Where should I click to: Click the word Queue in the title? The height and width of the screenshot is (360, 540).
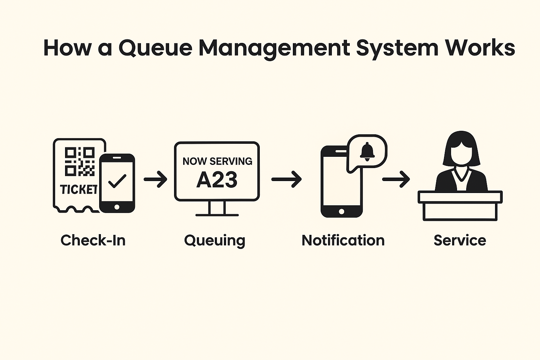[155, 48]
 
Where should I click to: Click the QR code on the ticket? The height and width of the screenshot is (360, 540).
[79, 161]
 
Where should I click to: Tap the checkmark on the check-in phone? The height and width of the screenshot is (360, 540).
[117, 181]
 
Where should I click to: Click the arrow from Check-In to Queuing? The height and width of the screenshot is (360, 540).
[155, 179]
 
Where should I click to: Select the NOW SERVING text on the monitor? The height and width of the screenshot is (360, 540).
[217, 161]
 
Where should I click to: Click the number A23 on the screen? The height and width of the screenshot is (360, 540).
[217, 180]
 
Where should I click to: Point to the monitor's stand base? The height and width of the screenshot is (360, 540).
[217, 214]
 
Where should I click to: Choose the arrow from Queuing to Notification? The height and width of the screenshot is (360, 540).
[287, 179]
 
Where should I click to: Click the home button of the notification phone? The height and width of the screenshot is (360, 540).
[341, 211]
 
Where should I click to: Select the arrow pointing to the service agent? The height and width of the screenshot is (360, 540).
[396, 179]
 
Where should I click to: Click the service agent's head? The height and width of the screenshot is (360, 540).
[461, 149]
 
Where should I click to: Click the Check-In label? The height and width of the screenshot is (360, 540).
[93, 240]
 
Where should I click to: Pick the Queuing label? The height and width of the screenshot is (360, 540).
[214, 241]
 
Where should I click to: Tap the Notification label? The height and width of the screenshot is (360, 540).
[343, 240]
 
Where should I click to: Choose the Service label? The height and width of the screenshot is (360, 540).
[460, 240]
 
